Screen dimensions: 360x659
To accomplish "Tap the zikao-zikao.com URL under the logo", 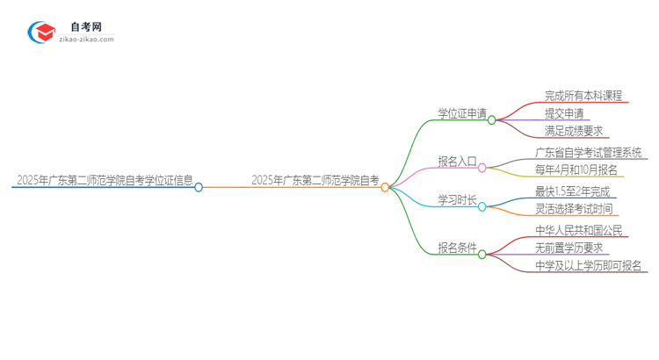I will [86, 40].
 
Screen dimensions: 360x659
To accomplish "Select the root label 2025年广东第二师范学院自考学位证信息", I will [105, 180].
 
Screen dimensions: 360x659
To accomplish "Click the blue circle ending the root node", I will [199, 187].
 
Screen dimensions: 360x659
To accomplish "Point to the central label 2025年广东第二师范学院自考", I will [315, 180].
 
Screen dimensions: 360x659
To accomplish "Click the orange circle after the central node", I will [385, 187].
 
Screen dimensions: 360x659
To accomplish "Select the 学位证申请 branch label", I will [462, 112].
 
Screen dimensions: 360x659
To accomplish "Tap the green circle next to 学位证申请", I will [492, 120].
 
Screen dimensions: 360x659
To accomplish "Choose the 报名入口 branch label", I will [457, 161].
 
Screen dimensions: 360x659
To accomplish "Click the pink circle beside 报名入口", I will [482, 167].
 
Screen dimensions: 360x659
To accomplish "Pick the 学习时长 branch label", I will [457, 200].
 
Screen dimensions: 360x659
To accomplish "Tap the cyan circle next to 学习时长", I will [482, 207].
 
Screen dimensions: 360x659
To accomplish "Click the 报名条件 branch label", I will [457, 248].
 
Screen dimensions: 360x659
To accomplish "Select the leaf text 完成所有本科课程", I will [583, 96].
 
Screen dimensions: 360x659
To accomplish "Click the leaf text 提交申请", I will [563, 113].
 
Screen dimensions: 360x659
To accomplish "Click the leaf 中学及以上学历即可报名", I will [589, 265].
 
